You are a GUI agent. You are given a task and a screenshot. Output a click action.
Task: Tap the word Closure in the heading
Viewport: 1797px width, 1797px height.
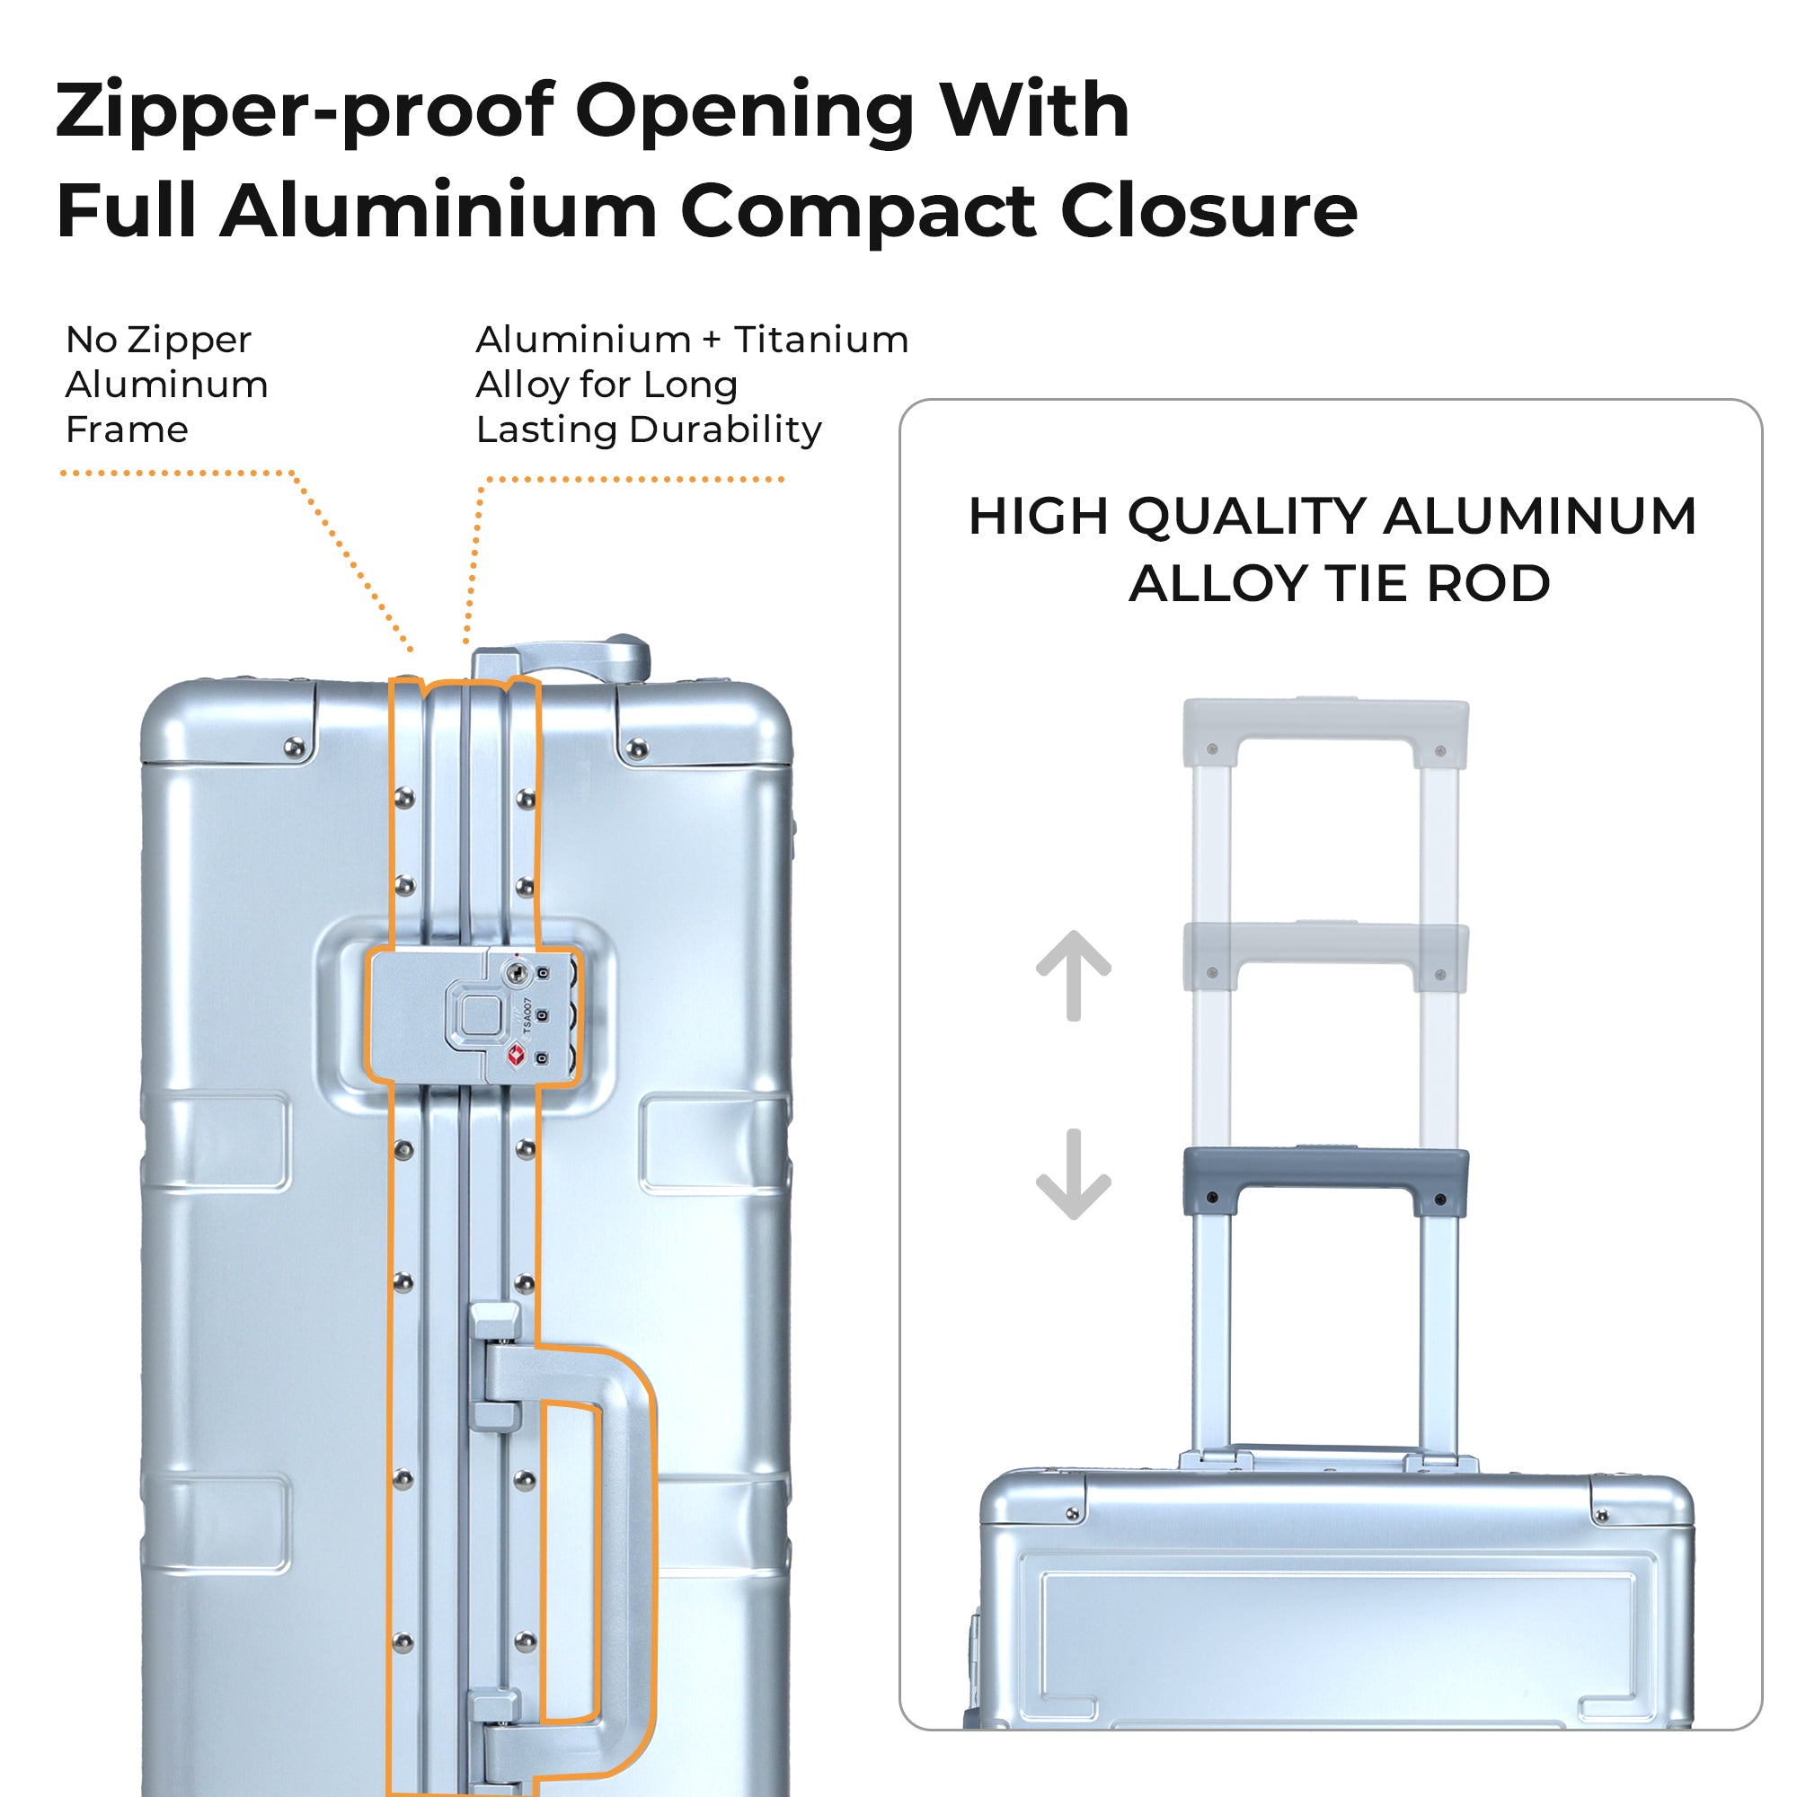click(x=1208, y=210)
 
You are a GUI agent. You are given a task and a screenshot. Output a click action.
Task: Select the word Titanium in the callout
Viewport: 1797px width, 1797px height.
click(x=821, y=341)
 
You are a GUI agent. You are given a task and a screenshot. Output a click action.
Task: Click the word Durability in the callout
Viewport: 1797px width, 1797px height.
click(x=725, y=429)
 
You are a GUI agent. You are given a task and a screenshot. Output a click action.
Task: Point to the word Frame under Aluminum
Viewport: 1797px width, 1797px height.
click(x=127, y=429)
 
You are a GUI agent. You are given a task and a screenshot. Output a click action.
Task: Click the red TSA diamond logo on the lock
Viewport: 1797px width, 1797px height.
click(x=518, y=1055)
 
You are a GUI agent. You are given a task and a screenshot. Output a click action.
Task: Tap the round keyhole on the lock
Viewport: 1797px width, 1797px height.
click(x=517, y=974)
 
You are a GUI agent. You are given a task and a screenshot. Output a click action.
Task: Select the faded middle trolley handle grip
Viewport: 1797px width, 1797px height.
click(x=1324, y=944)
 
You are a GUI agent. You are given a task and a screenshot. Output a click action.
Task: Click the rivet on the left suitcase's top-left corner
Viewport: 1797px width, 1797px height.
click(x=295, y=747)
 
